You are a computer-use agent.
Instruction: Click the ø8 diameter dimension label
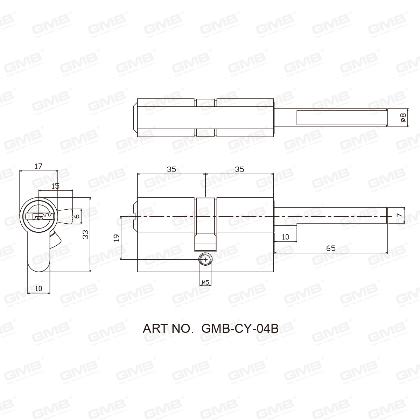pyautogui.click(x=402, y=118)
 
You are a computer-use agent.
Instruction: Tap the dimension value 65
pyautogui.click(x=330, y=248)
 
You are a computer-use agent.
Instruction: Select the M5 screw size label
pyautogui.click(x=205, y=282)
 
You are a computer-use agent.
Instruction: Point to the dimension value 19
pyautogui.click(x=117, y=238)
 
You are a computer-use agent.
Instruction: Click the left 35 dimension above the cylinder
pyautogui.click(x=171, y=169)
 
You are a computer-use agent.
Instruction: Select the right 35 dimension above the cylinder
pyautogui.click(x=239, y=169)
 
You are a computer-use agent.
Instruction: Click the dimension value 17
pyautogui.click(x=38, y=166)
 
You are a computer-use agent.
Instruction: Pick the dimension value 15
pyautogui.click(x=55, y=186)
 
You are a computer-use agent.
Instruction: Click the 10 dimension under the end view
pyautogui.click(x=38, y=288)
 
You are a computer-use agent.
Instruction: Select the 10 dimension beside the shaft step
pyautogui.click(x=285, y=237)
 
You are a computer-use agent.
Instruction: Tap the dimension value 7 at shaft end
pyautogui.click(x=398, y=216)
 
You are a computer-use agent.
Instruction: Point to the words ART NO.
pyautogui.click(x=168, y=329)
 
